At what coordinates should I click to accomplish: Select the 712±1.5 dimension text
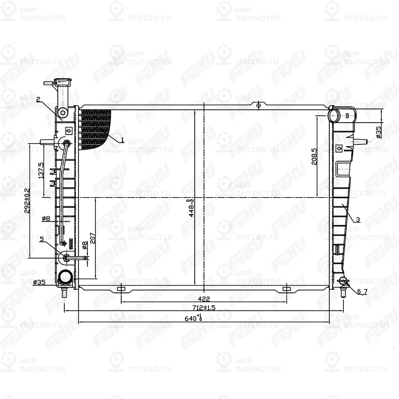click(x=203, y=308)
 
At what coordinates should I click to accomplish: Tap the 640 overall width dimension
click(x=194, y=318)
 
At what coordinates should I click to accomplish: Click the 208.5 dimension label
click(x=314, y=158)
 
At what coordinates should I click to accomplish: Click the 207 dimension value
click(x=93, y=238)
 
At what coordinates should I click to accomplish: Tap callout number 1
click(x=122, y=140)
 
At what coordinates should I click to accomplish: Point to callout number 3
click(x=358, y=219)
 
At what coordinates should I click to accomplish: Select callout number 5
click(x=41, y=239)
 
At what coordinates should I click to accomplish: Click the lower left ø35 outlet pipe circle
click(x=65, y=276)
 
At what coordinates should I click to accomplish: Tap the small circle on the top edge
click(x=259, y=106)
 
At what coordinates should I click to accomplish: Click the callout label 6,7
click(x=362, y=292)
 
